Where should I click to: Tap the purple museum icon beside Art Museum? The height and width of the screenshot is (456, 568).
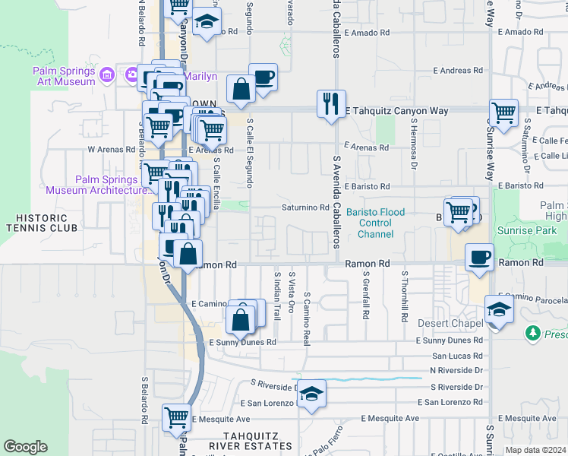(x=107, y=74)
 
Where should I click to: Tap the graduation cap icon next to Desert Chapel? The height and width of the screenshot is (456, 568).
(x=499, y=309)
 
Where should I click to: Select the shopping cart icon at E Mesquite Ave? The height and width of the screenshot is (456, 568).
(x=176, y=417)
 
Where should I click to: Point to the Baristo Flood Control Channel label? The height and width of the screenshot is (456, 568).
(x=376, y=223)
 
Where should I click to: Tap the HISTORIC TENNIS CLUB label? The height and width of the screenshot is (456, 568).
(x=43, y=223)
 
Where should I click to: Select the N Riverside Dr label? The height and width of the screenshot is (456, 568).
(x=456, y=370)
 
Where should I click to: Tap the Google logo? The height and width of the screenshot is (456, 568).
(x=26, y=448)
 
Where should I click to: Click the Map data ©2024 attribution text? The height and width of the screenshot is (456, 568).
(x=535, y=450)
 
